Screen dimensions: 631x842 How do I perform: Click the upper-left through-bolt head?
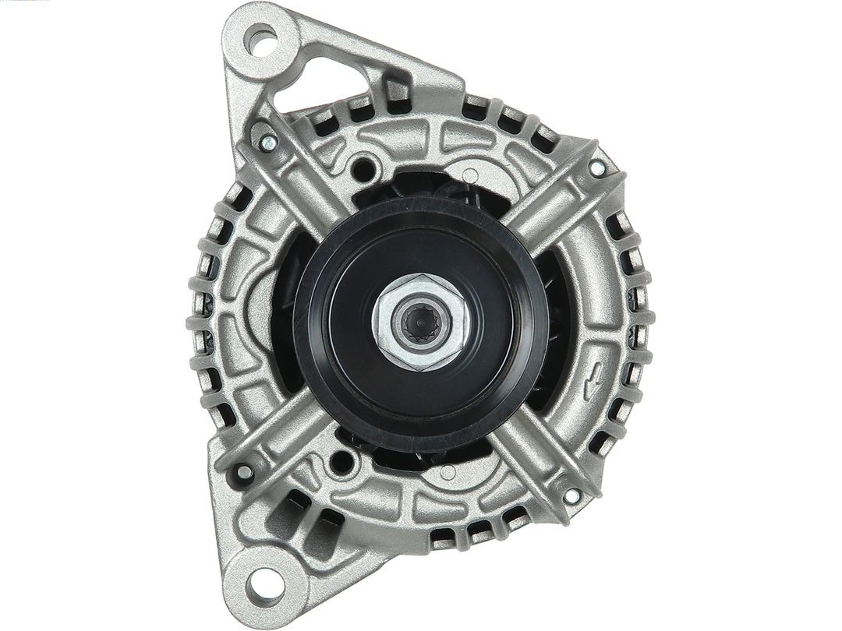pyautogui.click(x=267, y=142)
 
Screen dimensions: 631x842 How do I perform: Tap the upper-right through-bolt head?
pyautogui.click(x=596, y=167)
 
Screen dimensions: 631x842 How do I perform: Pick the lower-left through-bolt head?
pyautogui.click(x=245, y=472)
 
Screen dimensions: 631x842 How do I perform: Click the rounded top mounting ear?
pyautogui.click(x=261, y=35)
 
